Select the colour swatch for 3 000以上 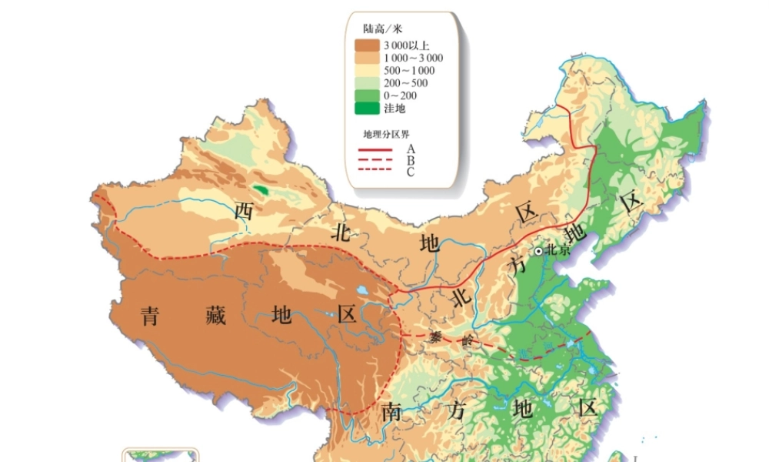pos(367,45)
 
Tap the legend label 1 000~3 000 pos(413,58)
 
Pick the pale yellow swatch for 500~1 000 pos(367,70)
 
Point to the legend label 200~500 pos(405,82)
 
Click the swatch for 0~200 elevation pos(367,95)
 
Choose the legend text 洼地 pos(394,108)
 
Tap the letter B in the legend pos(411,160)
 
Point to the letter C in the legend pos(411,172)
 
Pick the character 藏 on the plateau pos(216,315)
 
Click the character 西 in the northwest pos(244,210)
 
